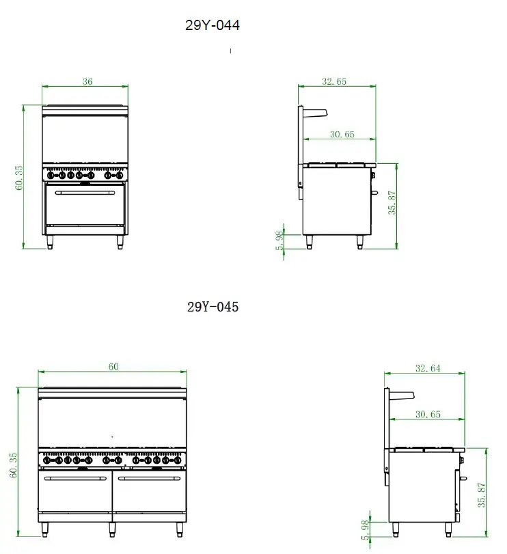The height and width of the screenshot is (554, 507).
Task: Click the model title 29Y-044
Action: [213, 26]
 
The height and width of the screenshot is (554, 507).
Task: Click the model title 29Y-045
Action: [213, 307]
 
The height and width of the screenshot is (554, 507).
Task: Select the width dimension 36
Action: [87, 81]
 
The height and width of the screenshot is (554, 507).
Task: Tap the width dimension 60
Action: [113, 367]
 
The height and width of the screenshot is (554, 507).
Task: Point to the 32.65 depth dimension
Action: [334, 81]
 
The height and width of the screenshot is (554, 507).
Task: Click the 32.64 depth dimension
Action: [428, 368]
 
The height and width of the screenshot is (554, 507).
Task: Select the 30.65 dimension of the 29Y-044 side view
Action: [342, 135]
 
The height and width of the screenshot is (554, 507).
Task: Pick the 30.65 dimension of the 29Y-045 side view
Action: [428, 414]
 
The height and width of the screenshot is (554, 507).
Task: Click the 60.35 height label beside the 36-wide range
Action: [19, 177]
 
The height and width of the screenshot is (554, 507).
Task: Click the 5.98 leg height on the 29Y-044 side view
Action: [279, 240]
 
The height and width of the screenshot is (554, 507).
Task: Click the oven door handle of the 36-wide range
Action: [85, 193]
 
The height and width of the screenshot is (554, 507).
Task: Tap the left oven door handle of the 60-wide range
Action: [77, 479]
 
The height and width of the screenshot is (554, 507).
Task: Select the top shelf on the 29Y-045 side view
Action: [402, 393]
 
